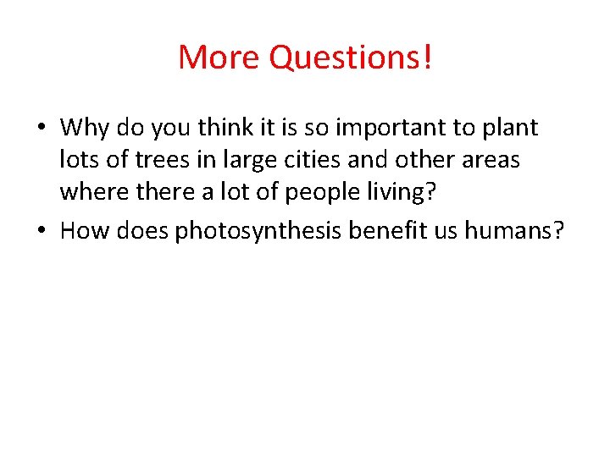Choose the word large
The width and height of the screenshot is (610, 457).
235,159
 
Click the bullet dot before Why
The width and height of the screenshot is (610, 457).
41,129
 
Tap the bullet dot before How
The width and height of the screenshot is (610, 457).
41,230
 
